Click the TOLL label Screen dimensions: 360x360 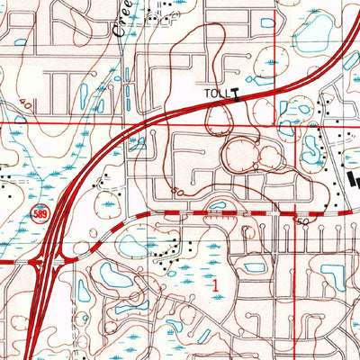[x=213, y=91]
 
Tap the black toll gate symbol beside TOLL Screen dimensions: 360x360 [x=236, y=91]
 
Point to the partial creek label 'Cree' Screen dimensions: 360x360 [x=123, y=18]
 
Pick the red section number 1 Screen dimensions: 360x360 [x=215, y=283]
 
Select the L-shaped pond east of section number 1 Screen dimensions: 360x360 [x=254, y=266]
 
